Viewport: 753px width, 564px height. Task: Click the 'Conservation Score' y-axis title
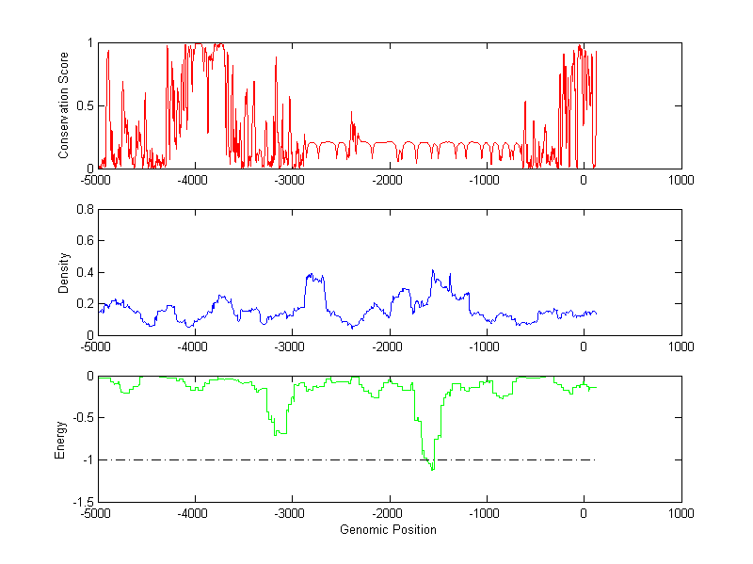tap(63, 105)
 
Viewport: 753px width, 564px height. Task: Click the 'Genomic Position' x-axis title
tap(388, 530)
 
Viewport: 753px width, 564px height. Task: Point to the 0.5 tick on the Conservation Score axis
tap(85, 105)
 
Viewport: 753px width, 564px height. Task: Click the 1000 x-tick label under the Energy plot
tap(681, 514)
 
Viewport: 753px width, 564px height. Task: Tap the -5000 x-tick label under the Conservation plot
tap(96, 180)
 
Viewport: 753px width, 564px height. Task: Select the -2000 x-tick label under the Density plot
tap(388, 346)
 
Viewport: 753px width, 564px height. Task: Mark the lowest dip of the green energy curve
tap(432, 468)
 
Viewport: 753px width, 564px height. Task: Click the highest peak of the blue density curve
tap(433, 270)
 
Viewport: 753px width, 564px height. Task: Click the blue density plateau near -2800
tap(314, 277)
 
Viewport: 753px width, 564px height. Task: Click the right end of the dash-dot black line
tap(596, 459)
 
